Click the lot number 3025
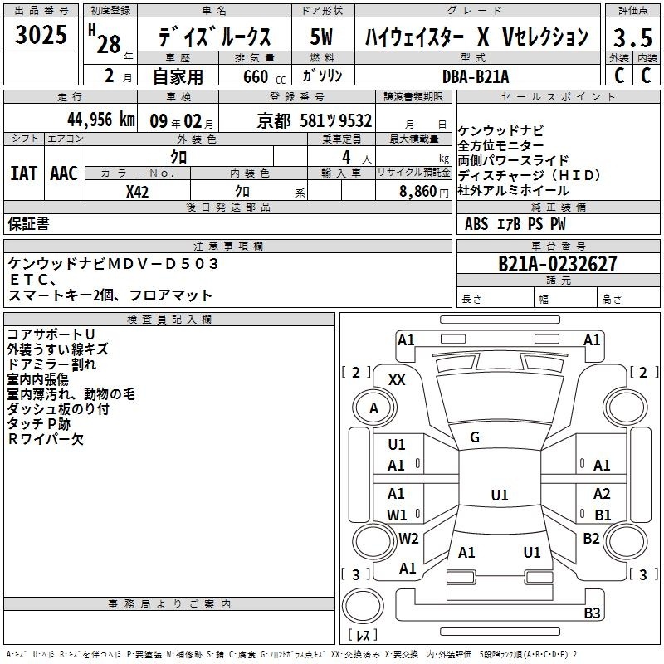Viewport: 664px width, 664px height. [x=41, y=37]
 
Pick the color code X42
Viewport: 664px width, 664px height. [x=138, y=191]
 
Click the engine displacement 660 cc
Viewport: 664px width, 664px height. [x=251, y=76]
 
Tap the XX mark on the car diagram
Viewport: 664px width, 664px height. [x=397, y=379]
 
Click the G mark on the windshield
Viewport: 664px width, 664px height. [x=475, y=437]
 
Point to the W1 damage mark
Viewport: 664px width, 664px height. [x=397, y=515]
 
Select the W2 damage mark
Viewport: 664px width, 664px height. [x=408, y=538]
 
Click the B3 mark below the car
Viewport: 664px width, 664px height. [x=592, y=613]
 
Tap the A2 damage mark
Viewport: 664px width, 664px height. [x=602, y=494]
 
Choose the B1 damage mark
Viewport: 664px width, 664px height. [x=603, y=515]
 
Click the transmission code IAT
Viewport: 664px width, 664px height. [x=23, y=173]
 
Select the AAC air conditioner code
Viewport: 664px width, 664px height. [x=64, y=173]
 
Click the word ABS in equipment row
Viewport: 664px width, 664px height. [x=476, y=223]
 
